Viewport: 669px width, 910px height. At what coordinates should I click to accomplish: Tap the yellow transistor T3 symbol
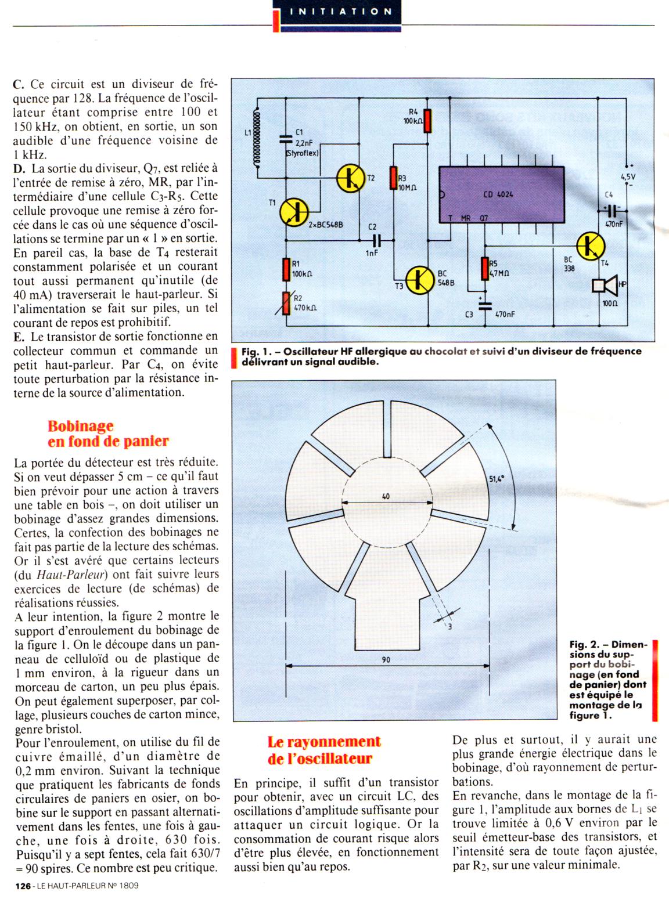click(x=419, y=280)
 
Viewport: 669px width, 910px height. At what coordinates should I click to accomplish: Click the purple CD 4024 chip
click(x=501, y=194)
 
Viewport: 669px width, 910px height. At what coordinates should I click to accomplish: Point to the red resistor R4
click(x=427, y=121)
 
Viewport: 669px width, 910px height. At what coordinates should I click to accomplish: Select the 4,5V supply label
click(x=628, y=176)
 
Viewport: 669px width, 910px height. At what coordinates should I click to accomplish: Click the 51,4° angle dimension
click(x=497, y=479)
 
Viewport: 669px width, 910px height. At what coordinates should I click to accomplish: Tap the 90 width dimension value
click(x=386, y=659)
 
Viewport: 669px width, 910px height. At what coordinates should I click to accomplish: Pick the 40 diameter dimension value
click(x=386, y=496)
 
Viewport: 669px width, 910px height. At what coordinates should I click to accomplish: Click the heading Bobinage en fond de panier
click(x=108, y=434)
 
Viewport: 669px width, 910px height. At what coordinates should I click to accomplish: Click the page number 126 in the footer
click(x=23, y=886)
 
